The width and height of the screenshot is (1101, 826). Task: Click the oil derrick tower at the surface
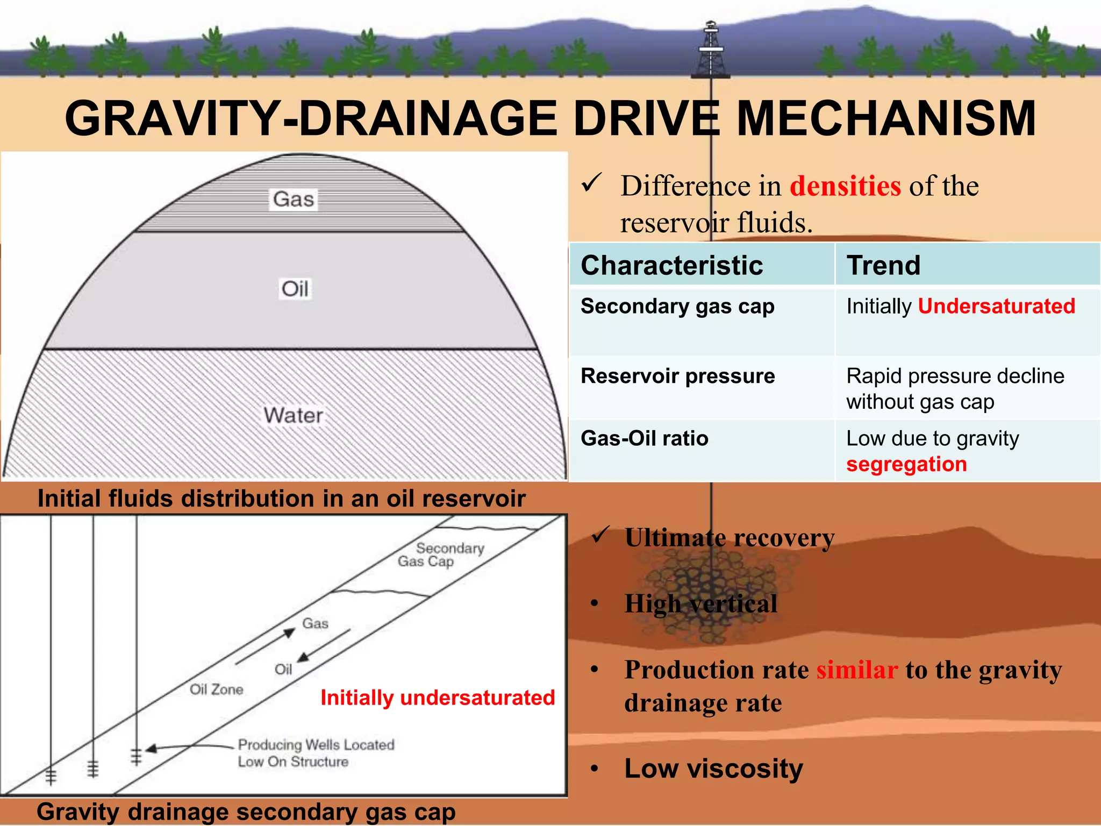point(711,51)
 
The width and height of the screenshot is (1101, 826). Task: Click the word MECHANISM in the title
point(886,119)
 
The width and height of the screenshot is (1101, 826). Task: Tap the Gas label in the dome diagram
point(293,200)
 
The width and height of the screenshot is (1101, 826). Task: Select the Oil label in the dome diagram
point(295,289)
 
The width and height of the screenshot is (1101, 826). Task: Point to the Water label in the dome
point(293,415)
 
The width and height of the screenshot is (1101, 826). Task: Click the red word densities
point(845,187)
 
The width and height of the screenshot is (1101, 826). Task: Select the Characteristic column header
point(671,266)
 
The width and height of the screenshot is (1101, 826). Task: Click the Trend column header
point(883,266)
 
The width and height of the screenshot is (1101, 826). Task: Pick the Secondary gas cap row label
point(677,307)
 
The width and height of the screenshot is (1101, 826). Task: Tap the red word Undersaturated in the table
point(996,307)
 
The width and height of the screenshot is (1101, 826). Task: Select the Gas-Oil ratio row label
point(644,439)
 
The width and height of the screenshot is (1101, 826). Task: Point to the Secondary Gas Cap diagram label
point(441,555)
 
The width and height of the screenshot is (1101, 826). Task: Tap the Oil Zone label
point(216,689)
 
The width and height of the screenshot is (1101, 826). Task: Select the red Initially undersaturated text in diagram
point(438,698)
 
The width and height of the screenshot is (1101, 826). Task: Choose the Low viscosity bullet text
point(713,768)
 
